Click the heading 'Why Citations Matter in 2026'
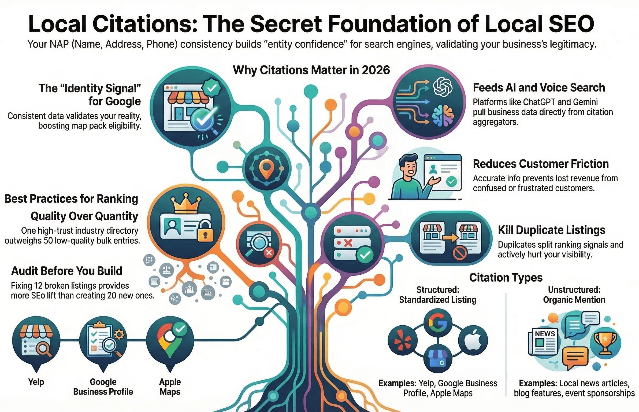[x=311, y=70]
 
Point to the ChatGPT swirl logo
[x=443, y=87]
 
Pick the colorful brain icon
[x=443, y=115]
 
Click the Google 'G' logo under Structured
[x=438, y=323]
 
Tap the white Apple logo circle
[x=473, y=340]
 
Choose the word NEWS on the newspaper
[x=545, y=334]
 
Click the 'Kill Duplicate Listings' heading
[x=552, y=230]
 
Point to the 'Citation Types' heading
[x=506, y=278]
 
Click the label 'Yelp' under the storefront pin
[x=36, y=382]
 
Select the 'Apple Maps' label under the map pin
[x=170, y=387]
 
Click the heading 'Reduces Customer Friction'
[x=541, y=164]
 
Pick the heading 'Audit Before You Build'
[x=67, y=271]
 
